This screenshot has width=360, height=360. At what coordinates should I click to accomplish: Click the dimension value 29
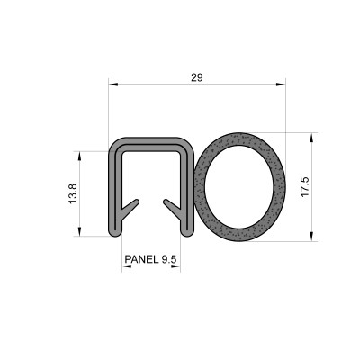[x=197, y=78]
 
